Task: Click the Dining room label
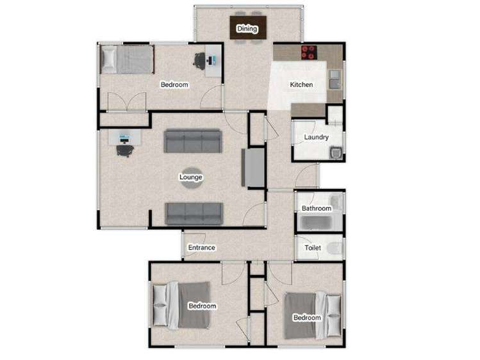(247, 28)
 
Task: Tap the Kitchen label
(301, 85)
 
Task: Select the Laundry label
(316, 137)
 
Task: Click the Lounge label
(191, 177)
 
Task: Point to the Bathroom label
(316, 208)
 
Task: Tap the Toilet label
(313, 247)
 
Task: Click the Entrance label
(201, 247)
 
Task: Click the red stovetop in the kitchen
(308, 52)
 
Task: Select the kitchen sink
(334, 79)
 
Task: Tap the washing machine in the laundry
(334, 152)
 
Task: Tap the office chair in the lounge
(125, 150)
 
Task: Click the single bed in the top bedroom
(126, 60)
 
